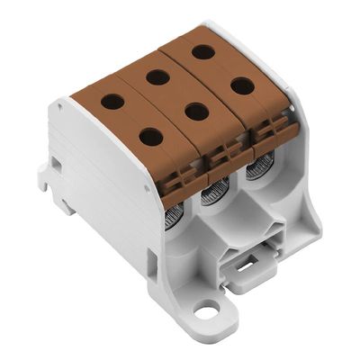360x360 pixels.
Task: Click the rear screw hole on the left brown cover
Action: tap(112, 102)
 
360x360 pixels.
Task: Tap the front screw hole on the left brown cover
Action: tap(151, 138)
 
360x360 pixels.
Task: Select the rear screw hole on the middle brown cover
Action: tap(157, 77)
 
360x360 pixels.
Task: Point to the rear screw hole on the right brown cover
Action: tap(203, 51)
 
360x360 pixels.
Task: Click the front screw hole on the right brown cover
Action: tap(240, 86)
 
